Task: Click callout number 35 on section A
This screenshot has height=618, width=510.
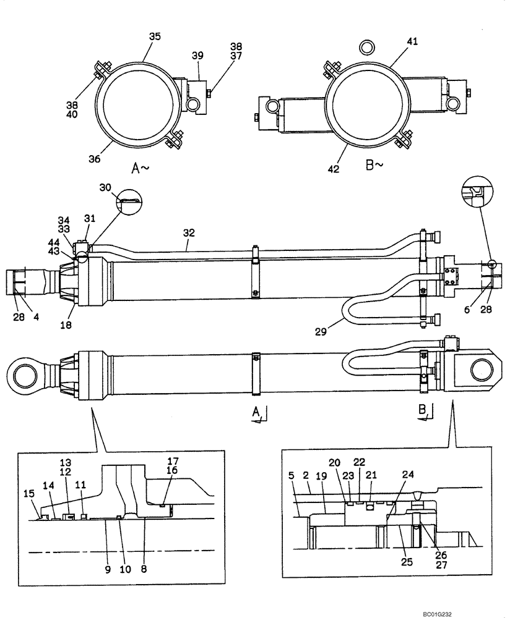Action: [155, 36]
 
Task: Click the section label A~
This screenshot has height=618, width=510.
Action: [140, 167]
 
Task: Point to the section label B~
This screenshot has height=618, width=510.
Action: [375, 166]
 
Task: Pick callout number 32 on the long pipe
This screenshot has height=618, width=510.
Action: [189, 233]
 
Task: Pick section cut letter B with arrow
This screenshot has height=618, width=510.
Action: [422, 410]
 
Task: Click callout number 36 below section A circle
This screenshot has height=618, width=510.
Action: [93, 159]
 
